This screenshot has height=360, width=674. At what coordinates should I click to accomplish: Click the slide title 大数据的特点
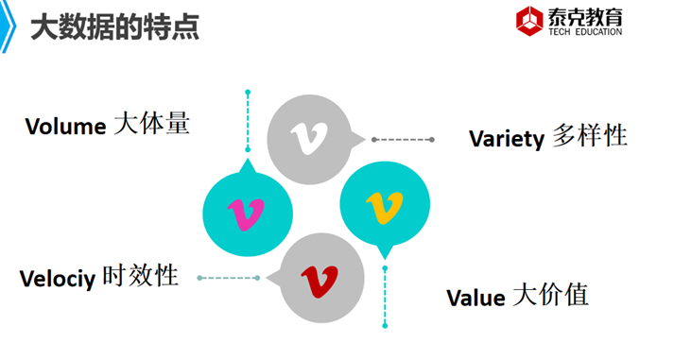coord(114,28)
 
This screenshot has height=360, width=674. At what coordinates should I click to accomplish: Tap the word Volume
coord(64,127)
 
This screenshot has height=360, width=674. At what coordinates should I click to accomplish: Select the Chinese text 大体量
coord(151,124)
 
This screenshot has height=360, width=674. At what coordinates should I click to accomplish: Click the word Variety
coord(506,139)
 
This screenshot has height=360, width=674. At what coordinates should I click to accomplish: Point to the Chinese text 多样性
coord(589,136)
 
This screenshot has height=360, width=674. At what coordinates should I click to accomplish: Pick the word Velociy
coord(57,279)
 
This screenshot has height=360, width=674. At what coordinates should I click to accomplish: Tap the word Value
coord(475,299)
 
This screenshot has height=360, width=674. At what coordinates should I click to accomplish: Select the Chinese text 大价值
coord(550,295)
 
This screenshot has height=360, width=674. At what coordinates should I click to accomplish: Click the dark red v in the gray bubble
coord(319,279)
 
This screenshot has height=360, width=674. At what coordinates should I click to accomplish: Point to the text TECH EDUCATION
coord(584,32)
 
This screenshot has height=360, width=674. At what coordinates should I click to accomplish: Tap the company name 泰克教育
coord(584,16)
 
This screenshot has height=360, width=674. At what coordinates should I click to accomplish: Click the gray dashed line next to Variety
coord(404,140)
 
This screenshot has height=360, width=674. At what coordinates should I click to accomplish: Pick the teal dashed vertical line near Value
coord(385,297)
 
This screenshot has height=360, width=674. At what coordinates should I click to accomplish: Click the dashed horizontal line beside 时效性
coord(229,278)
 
